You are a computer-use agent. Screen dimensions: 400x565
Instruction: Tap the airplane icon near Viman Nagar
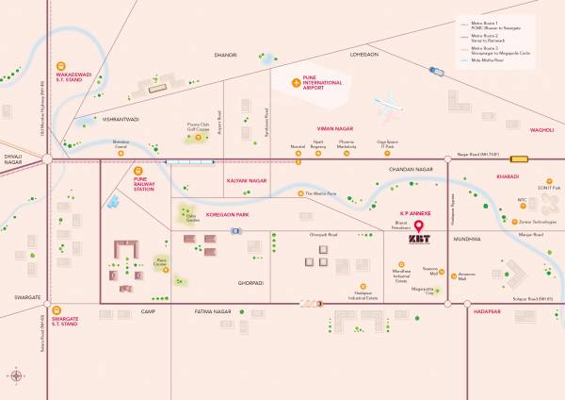389,105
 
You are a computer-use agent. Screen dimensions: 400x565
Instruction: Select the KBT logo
418,240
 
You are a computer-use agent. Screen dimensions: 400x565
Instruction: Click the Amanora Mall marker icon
455,276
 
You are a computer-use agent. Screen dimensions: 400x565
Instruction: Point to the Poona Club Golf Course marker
199,138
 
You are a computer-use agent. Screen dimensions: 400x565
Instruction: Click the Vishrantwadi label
120,120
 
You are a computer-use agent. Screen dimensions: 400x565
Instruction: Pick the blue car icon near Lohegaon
436,71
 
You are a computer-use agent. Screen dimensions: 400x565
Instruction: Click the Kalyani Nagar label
249,179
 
